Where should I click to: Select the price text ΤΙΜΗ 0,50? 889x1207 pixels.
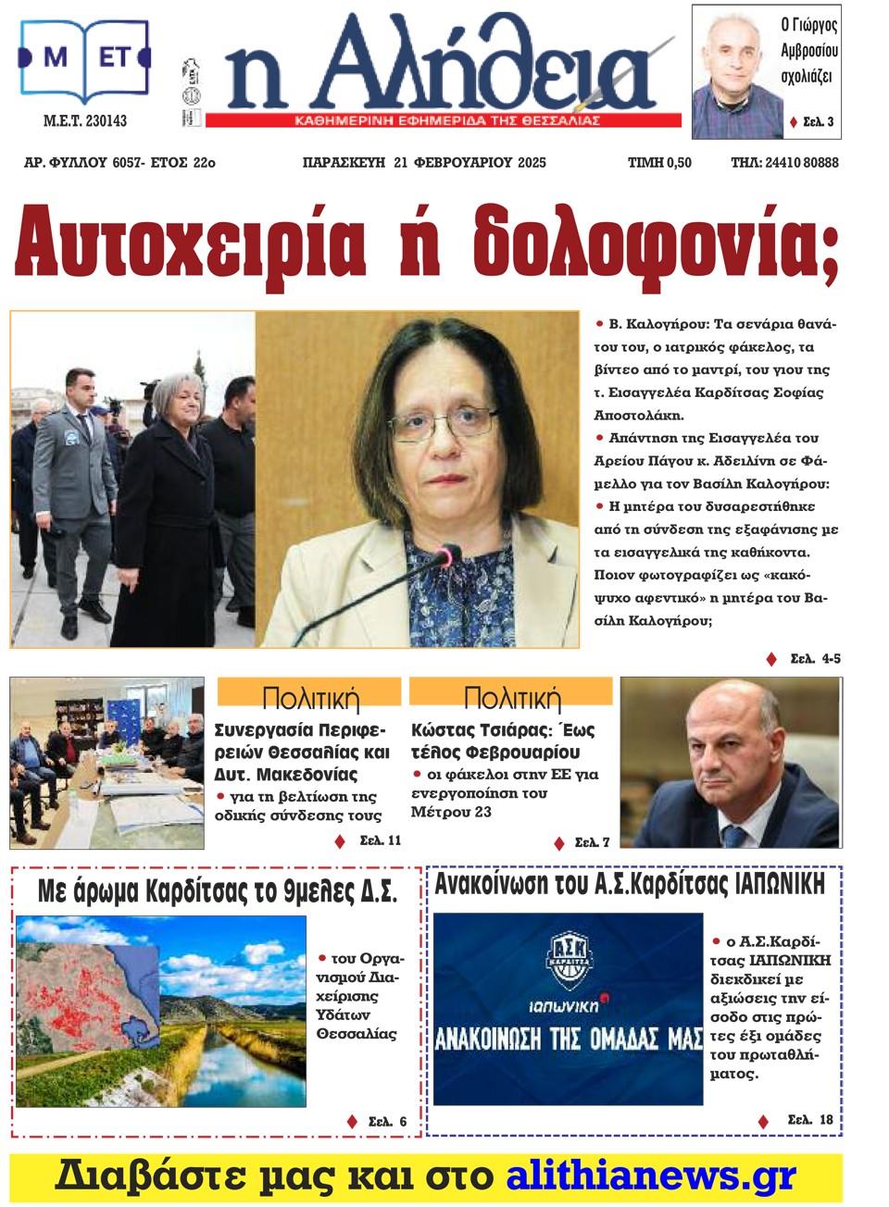(659, 163)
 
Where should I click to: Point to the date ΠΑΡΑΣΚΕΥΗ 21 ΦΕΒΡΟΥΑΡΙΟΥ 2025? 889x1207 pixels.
(424, 163)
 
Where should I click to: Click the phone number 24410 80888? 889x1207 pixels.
(802, 163)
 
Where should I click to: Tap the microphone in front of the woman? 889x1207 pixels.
(445, 557)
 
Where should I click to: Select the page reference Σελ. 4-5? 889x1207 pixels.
(815, 659)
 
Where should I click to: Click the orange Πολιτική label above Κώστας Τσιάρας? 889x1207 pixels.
(511, 695)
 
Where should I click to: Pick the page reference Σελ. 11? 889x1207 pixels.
(380, 840)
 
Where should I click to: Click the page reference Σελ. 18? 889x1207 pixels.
(809, 1120)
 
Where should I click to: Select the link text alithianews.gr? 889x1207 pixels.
(651, 1176)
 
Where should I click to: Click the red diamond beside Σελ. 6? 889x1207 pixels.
(352, 1122)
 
